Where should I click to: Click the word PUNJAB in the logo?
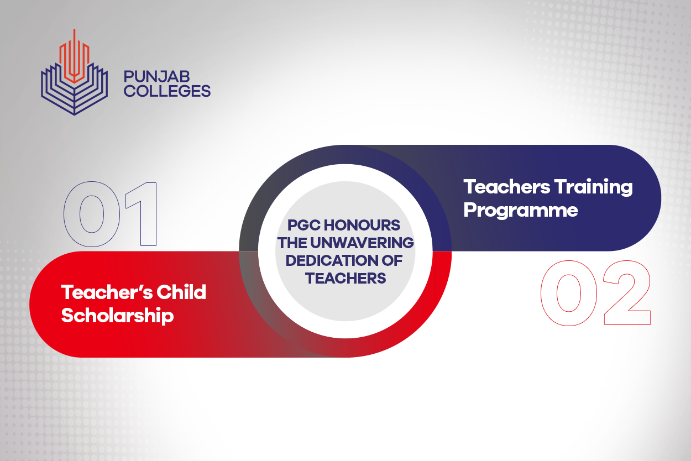(x=156, y=76)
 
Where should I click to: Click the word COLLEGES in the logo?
(x=167, y=91)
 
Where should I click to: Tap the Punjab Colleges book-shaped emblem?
(x=74, y=72)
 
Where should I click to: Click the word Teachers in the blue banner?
(x=506, y=187)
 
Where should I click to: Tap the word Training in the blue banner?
(x=593, y=187)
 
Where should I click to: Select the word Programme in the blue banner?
(x=521, y=211)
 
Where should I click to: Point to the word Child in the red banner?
(x=181, y=292)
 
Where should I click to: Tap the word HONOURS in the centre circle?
(x=362, y=226)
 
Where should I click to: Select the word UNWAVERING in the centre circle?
(x=362, y=243)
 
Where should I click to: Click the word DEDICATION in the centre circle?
(x=332, y=260)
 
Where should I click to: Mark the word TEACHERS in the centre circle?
(x=345, y=279)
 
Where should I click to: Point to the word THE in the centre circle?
(x=292, y=243)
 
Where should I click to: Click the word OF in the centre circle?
(x=392, y=260)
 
